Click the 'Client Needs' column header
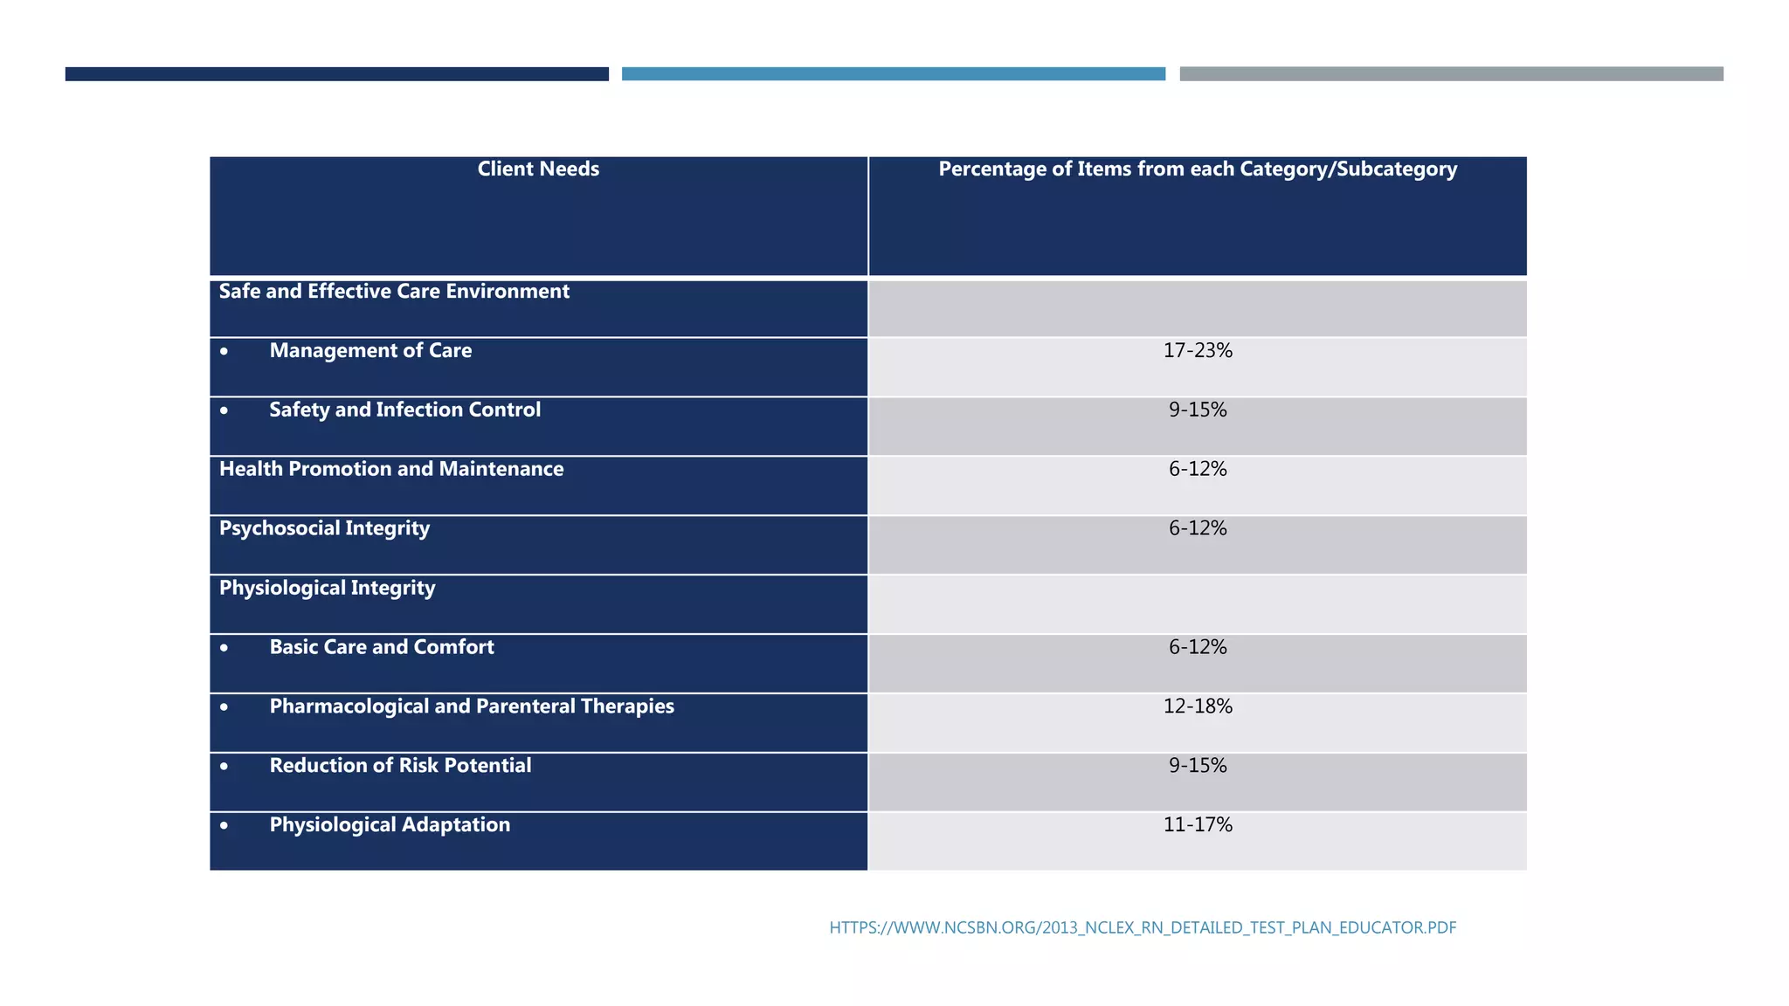pos(538,169)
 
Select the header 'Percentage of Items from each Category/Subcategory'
pos(1198,169)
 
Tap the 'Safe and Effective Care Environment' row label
pos(394,292)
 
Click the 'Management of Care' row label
pos(370,351)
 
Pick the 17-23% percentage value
pos(1198,351)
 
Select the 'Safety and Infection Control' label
pos(404,410)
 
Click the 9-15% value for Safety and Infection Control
pos(1198,410)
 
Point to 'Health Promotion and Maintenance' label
pos(391,470)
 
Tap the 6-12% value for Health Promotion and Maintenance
pos(1198,470)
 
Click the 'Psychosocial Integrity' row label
pos(324,529)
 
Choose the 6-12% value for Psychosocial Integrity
pos(1198,529)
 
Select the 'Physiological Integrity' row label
pos(327,589)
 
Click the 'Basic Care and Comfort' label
pos(382,648)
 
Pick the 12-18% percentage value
pos(1198,707)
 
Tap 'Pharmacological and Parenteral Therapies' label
pos(472,707)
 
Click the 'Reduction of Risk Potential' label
pos(400,767)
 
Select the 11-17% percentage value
pos(1198,825)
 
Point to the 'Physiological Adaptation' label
pos(390,825)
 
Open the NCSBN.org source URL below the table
pos(1143,928)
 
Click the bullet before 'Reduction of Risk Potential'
pos(224,767)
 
